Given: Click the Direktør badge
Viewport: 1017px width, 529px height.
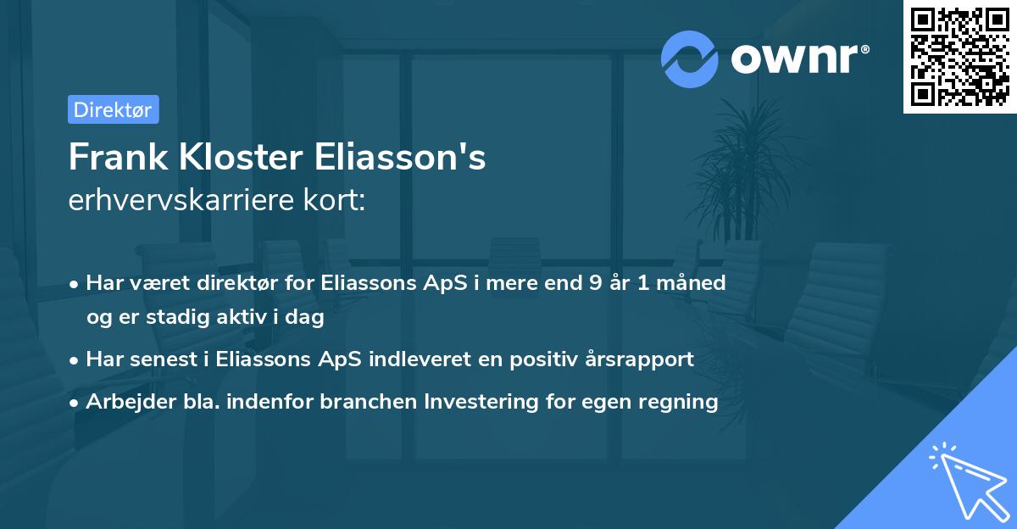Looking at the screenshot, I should (x=113, y=110).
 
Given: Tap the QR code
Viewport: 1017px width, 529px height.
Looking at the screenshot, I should (x=959, y=57).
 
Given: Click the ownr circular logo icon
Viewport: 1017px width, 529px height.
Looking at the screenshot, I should (x=689, y=59).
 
